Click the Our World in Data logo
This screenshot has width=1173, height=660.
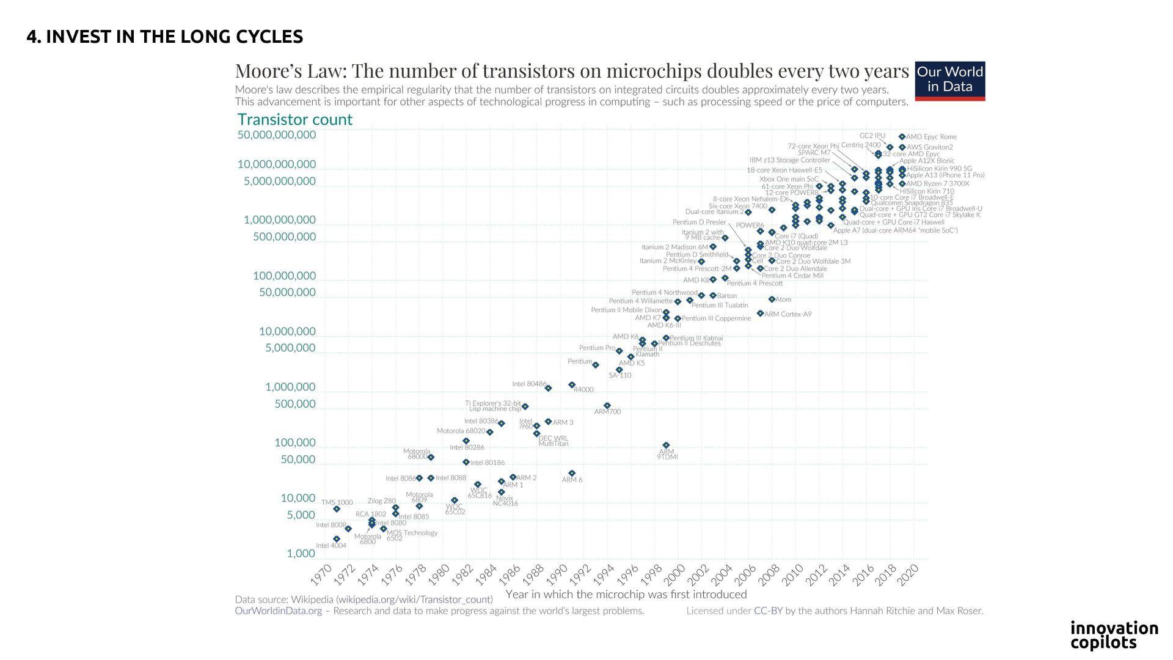(x=949, y=81)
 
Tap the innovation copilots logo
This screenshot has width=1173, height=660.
(x=1114, y=636)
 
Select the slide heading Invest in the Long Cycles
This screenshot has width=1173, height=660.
(x=164, y=37)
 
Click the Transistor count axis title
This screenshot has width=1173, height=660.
(x=294, y=120)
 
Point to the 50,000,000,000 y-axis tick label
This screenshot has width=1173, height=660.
(x=277, y=135)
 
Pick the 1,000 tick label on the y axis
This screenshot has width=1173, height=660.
(x=301, y=554)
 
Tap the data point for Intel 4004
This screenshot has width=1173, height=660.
(x=337, y=539)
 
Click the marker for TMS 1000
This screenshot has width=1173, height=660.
(x=337, y=509)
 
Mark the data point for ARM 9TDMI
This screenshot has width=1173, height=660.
(x=666, y=446)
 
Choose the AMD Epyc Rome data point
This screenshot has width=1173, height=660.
(x=902, y=137)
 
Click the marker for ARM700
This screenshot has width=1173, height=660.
(x=607, y=406)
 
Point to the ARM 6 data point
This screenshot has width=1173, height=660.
(x=572, y=474)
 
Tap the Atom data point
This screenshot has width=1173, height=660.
(x=772, y=299)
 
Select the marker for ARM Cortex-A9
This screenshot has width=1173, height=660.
(x=760, y=313)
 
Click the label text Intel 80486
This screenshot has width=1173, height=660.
(x=529, y=384)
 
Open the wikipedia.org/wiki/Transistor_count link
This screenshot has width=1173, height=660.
(x=415, y=599)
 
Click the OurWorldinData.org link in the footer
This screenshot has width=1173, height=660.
(x=278, y=611)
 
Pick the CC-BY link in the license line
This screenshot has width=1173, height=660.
(x=768, y=611)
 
